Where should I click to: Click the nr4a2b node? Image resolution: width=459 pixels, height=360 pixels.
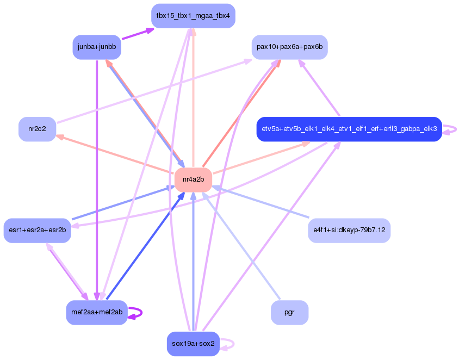click(x=193, y=179)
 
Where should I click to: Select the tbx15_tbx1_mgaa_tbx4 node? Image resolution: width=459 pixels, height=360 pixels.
click(x=193, y=16)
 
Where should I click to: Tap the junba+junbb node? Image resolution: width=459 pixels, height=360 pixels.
click(x=97, y=47)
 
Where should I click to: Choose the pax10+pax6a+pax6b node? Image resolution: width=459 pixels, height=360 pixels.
click(x=289, y=47)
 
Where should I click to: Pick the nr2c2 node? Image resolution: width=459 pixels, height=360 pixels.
click(x=37, y=129)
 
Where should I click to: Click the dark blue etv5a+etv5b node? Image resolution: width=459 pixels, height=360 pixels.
click(x=349, y=129)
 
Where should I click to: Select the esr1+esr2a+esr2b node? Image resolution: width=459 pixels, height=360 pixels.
click(x=37, y=230)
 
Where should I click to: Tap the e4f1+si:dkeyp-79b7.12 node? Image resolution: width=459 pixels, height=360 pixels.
click(x=349, y=230)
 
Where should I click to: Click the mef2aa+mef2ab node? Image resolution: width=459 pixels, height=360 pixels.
click(x=97, y=312)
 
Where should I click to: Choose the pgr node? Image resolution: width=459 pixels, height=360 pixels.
click(x=289, y=312)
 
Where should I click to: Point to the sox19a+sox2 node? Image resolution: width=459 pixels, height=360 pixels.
click(x=193, y=344)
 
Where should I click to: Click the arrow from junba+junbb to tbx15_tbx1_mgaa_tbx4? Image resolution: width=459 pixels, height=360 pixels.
click(x=136, y=34)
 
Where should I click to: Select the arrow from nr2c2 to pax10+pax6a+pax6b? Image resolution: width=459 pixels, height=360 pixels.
click(x=152, y=91)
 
